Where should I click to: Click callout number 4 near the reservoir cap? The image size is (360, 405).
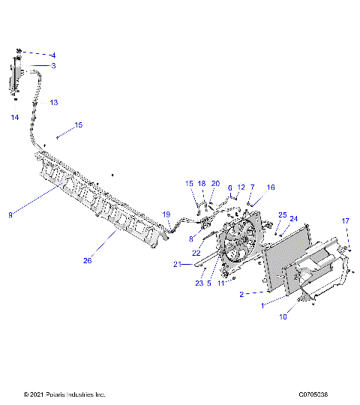coord(53,55)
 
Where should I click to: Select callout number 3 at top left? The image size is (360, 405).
coord(53,66)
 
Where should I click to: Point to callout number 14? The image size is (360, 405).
coord(14,118)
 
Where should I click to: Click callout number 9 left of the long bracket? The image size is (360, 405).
coord(10,215)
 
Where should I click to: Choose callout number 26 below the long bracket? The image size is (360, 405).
coord(88,260)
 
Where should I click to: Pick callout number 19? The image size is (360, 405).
coord(166,214)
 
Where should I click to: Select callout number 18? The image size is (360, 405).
coord(201,183)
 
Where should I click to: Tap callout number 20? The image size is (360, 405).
coord(215,183)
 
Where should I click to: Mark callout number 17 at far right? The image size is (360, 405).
coord(346,220)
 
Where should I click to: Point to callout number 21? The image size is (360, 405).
coord(177,264)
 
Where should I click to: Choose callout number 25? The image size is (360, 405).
coord(283,214)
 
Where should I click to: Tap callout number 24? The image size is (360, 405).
coord(294,219)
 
